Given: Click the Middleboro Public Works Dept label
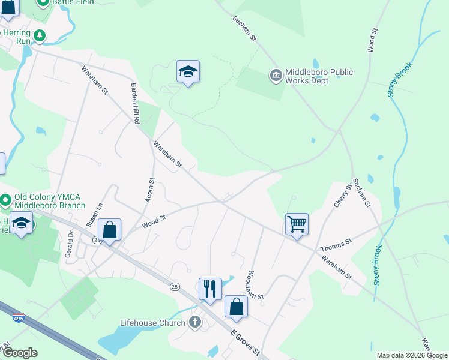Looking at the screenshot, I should coord(318,76).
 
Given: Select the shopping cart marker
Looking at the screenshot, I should coord(297,225).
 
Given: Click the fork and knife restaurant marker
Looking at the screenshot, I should coord(210,289).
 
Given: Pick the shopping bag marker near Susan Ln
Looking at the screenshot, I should coord(109,230).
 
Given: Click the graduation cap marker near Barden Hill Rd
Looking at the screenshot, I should coord(188,72).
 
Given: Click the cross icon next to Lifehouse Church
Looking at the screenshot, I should coord(194,323).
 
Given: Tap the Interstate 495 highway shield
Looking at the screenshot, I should coord(19,319).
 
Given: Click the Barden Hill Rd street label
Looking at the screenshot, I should coord(135,104).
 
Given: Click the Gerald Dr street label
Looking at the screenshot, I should coord(68,244).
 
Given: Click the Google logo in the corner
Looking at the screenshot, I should coord(20,353).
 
